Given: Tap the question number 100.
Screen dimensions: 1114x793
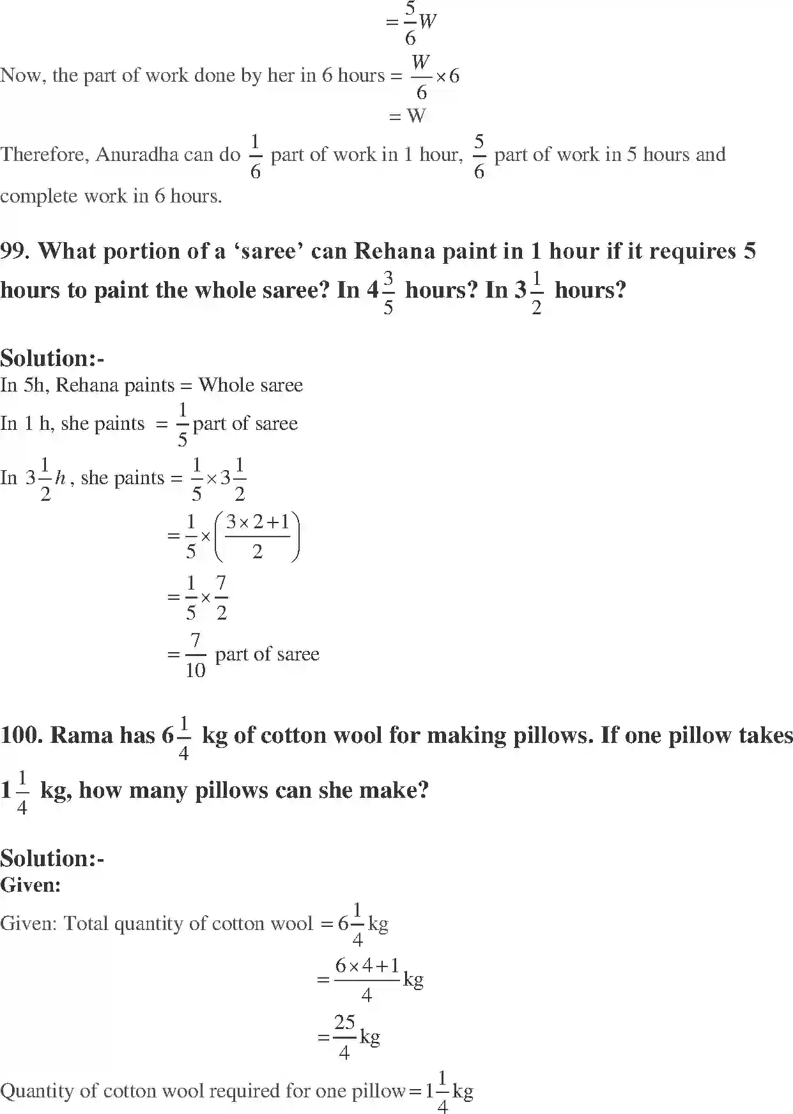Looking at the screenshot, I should pos(22,735).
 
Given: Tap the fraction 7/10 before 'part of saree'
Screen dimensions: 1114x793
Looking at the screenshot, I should pos(196,655).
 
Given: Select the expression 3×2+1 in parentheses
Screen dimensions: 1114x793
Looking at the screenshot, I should pos(258,523).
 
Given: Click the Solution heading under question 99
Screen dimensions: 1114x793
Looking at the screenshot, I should pos(52,358).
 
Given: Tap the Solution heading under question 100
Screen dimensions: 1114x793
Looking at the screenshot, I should pos(52,858).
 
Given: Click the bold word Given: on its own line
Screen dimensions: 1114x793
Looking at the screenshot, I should pos(30,885).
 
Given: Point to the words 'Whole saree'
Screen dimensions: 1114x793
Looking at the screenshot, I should pos(250,385).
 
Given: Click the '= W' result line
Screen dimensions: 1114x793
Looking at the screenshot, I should pos(408,116).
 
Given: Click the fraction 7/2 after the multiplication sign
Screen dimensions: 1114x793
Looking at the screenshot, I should pos(221,597).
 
